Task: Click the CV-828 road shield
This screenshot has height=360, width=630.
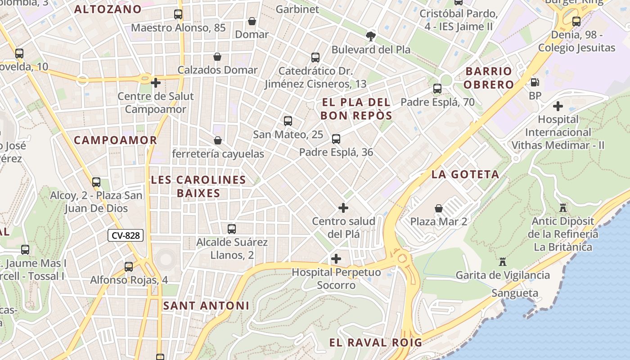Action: [x=126, y=235]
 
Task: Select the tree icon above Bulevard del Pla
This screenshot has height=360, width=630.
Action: [x=371, y=36]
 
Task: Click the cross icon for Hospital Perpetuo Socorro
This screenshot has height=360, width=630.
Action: [x=336, y=259]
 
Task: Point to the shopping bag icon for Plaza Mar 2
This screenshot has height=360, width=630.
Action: [x=439, y=208]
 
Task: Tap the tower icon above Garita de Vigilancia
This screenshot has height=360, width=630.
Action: [x=503, y=262]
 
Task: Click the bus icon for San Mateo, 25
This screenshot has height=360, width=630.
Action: [x=288, y=121]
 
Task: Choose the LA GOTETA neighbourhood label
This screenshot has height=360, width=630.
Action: [x=465, y=175]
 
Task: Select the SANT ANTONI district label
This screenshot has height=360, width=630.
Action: [x=206, y=306]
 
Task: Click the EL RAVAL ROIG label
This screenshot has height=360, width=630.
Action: [x=376, y=342]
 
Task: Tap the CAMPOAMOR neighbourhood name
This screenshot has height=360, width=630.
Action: [x=116, y=140]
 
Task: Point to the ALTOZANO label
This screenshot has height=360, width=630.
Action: [x=108, y=9]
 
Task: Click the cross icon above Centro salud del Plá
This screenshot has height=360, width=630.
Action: [x=343, y=208]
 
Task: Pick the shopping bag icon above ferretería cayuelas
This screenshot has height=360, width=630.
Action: [x=218, y=140]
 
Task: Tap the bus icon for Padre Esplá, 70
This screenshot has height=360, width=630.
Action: [x=437, y=89]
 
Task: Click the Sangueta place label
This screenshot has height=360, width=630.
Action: [x=515, y=293]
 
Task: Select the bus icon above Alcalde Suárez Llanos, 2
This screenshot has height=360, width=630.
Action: [x=232, y=229]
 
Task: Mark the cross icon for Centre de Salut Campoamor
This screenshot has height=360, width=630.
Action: [x=156, y=83]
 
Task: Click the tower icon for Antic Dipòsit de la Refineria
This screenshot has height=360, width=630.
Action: [x=562, y=208]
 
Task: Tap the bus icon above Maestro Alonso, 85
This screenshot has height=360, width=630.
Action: [x=178, y=14]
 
